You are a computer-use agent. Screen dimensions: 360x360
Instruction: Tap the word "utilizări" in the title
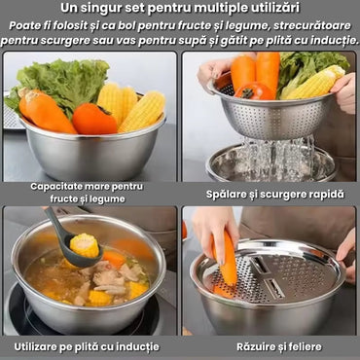click(274, 8)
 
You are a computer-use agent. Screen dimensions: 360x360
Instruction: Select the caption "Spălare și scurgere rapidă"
click(275, 195)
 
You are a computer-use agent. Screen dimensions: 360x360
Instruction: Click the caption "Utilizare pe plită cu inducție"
click(87, 346)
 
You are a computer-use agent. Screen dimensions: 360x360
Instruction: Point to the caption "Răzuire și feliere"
click(279, 346)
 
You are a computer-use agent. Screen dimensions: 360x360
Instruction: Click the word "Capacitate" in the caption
click(55, 187)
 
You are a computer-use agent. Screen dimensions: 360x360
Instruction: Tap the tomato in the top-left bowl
click(94, 119)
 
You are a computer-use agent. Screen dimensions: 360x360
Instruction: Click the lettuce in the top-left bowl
click(61, 84)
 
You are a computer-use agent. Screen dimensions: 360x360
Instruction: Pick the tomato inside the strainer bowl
click(255, 90)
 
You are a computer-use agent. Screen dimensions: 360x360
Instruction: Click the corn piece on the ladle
click(85, 245)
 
